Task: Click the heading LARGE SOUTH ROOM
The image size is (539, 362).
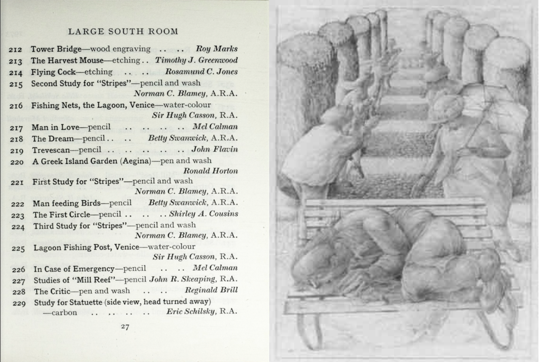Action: tap(123, 31)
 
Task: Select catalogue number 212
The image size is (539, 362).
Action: tap(15, 49)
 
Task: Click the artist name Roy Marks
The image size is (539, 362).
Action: tap(216, 49)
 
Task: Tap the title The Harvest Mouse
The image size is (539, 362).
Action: tap(67, 60)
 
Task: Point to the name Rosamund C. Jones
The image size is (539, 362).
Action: tap(201, 72)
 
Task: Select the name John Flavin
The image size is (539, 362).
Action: tap(214, 149)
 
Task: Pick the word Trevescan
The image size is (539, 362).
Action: tap(51, 150)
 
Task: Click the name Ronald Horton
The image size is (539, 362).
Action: tap(210, 171)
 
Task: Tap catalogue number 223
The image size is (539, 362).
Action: tap(18, 215)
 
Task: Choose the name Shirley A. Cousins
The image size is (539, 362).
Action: tap(203, 214)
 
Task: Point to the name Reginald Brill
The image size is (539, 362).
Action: tap(211, 290)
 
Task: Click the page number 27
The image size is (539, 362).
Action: tap(125, 327)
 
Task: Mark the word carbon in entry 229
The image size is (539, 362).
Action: tap(64, 313)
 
